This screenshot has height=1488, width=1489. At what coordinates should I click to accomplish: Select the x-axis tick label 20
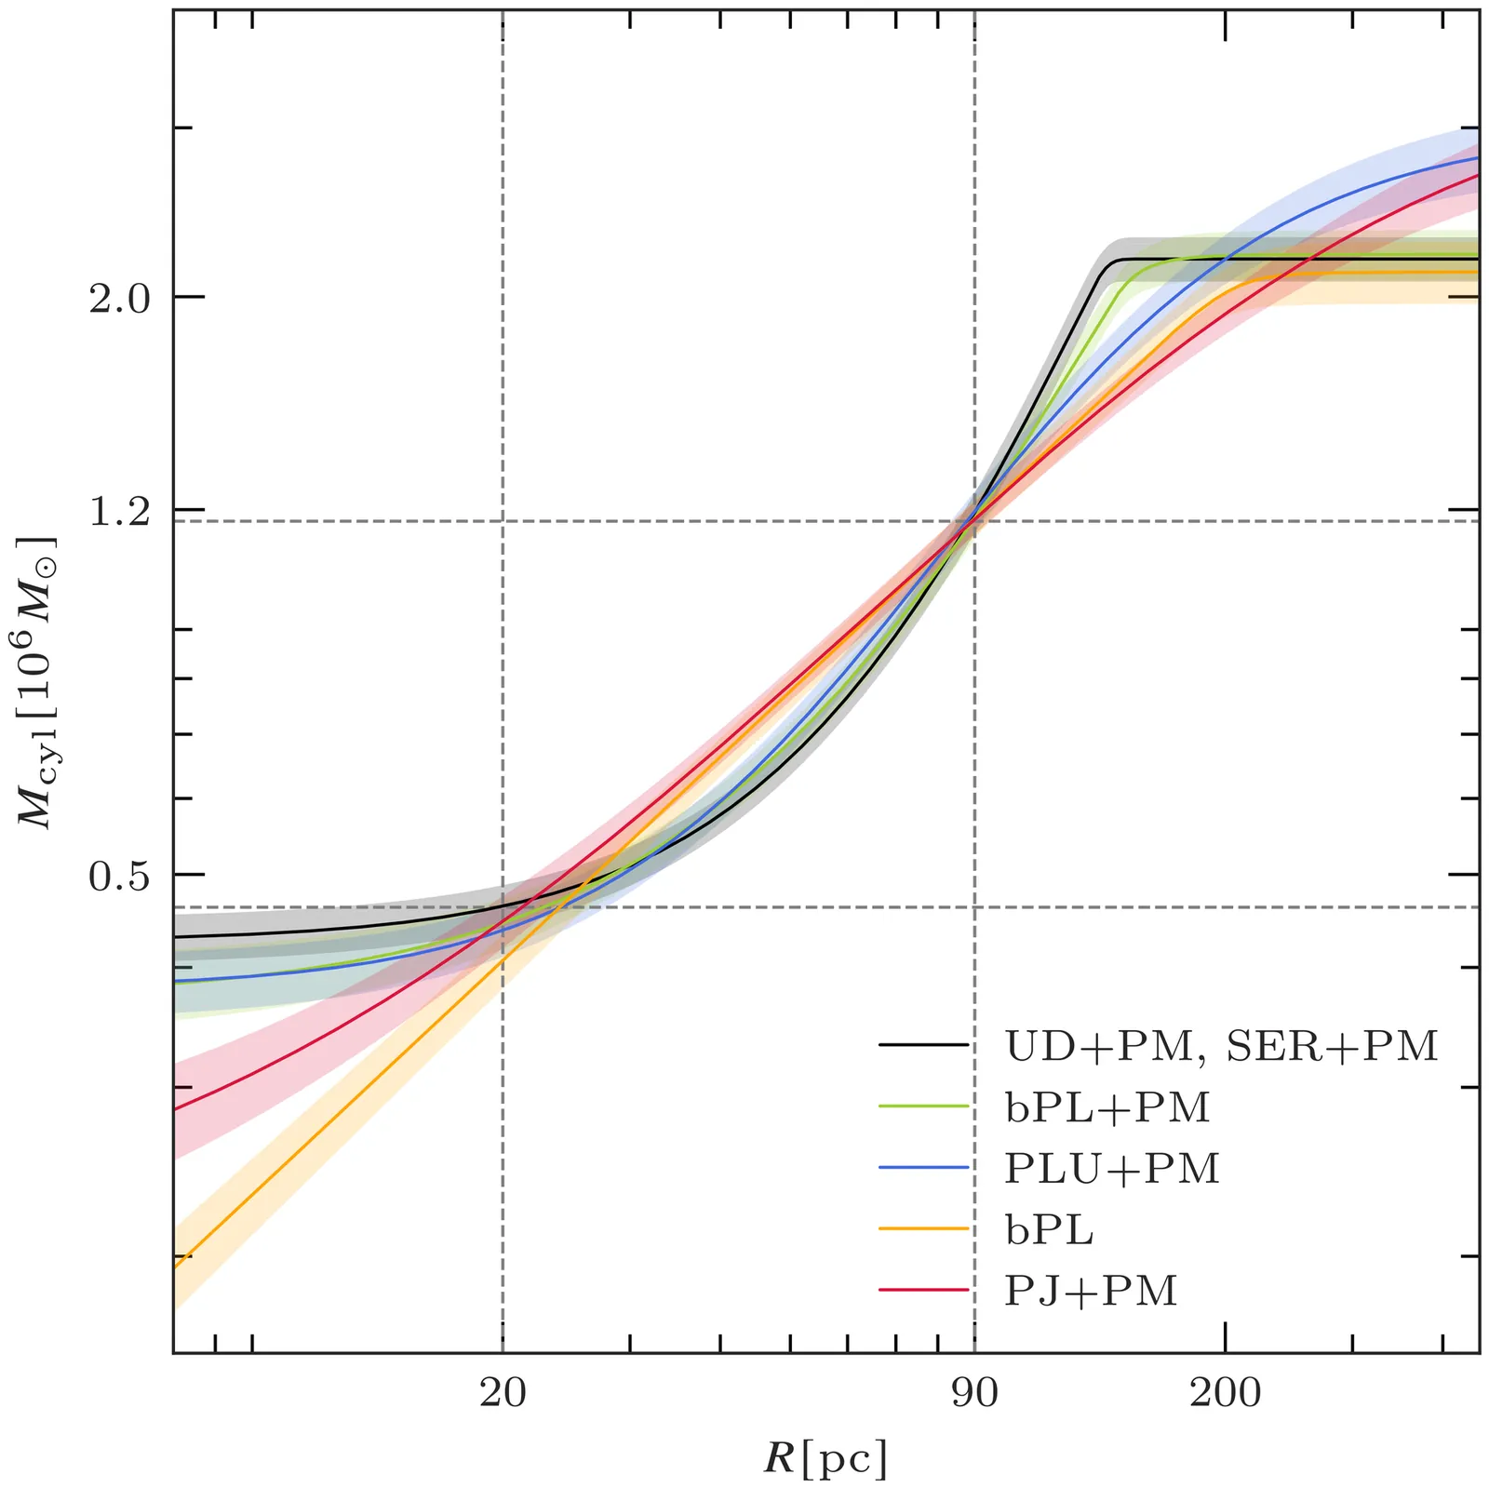click(503, 1393)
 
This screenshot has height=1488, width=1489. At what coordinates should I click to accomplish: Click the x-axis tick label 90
click(974, 1393)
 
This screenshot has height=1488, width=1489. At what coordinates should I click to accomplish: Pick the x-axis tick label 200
click(1225, 1393)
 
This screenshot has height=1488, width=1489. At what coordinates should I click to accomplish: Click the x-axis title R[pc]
click(825, 1457)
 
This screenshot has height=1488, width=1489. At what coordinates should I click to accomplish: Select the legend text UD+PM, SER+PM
click(1221, 1047)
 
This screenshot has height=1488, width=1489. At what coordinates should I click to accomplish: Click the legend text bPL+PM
click(1107, 1107)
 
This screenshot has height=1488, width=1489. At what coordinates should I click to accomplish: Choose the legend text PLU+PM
click(1111, 1169)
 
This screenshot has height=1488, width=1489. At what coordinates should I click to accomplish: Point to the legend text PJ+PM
click(1091, 1291)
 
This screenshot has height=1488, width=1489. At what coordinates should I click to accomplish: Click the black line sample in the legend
click(923, 1046)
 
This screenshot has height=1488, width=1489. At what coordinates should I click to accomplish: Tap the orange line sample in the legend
click(923, 1229)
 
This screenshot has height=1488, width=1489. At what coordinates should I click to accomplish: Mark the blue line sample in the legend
click(923, 1168)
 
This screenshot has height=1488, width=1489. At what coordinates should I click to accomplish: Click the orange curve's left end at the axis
click(175, 1267)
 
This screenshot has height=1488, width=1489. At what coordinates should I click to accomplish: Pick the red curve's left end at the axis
click(175, 1108)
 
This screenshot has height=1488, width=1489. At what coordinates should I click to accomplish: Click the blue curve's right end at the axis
click(1478, 158)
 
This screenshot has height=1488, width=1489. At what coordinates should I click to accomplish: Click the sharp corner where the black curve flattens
click(1112, 261)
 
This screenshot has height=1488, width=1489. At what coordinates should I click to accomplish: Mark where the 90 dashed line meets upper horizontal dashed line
click(974, 521)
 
